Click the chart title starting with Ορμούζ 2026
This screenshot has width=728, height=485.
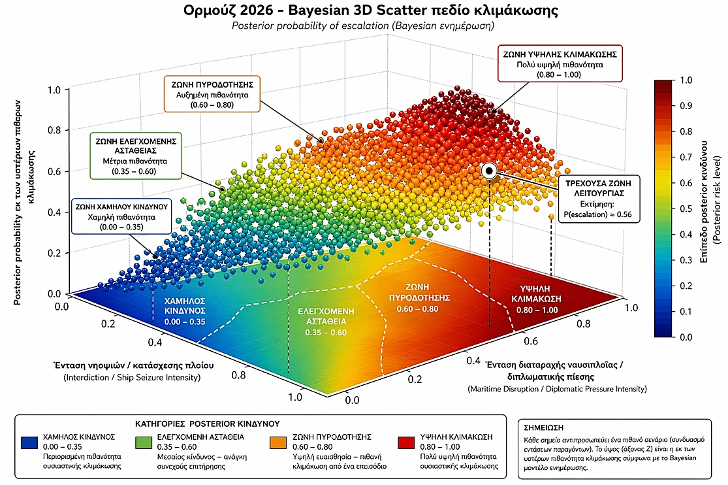pyautogui.click(x=363, y=11)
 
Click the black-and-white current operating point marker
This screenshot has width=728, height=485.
pyautogui.click(x=489, y=171)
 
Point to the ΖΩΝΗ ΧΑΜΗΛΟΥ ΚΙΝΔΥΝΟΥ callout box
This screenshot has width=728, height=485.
pyautogui.click(x=121, y=216)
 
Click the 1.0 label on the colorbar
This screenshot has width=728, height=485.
pyautogui.click(x=686, y=80)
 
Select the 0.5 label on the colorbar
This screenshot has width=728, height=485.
pyautogui.click(x=686, y=209)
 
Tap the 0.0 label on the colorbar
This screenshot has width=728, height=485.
pyautogui.click(x=686, y=337)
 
